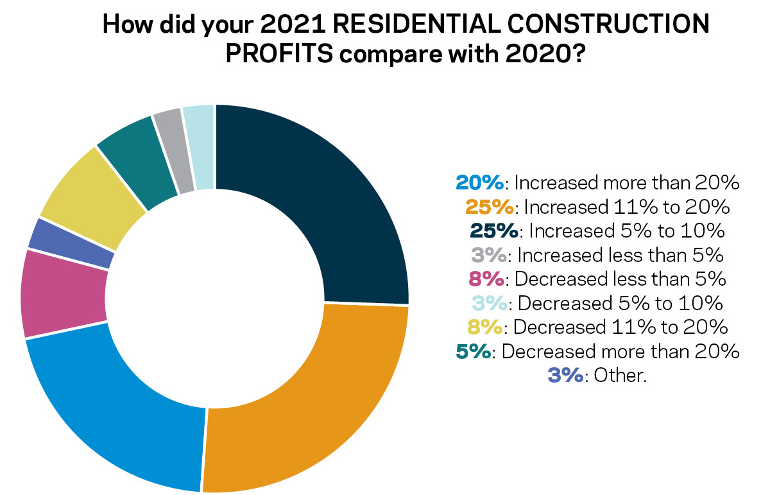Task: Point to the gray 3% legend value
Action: click(x=489, y=256)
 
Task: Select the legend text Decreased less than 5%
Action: click(x=620, y=279)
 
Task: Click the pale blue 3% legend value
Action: click(x=490, y=303)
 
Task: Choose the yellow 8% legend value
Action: click(x=484, y=327)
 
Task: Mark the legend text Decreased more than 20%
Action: click(x=620, y=351)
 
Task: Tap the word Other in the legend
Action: click(x=619, y=375)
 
